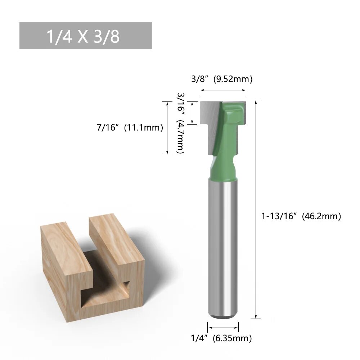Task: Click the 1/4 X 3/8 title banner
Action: point(86,36)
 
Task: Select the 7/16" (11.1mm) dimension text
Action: point(130,127)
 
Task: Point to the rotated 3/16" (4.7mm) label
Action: point(180,123)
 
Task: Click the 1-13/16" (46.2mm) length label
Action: point(301,216)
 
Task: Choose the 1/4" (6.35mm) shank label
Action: point(221,338)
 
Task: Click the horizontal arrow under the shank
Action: point(223,327)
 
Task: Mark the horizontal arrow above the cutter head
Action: point(223,90)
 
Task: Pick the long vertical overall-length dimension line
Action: point(256,209)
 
